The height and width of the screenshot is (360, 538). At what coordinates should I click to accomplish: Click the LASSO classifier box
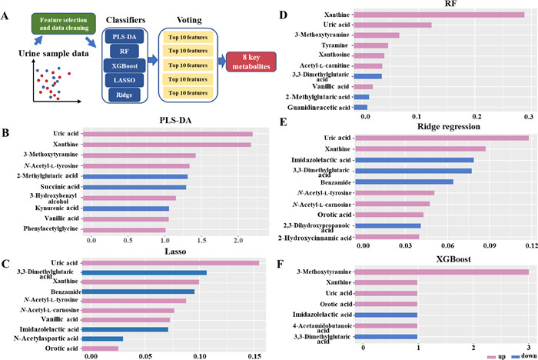pos(125,96)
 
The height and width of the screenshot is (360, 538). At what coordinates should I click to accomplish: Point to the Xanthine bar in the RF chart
pos(445,15)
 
